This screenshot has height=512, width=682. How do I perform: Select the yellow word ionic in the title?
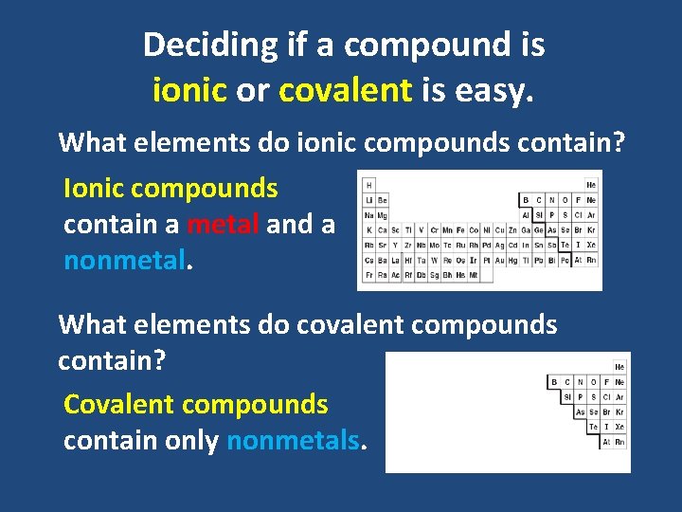[189, 90]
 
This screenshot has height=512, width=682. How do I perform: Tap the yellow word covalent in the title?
[346, 90]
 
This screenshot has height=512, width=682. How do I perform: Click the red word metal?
[224, 225]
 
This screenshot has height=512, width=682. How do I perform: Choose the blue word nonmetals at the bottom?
[294, 441]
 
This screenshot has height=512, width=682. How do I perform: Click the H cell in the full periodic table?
[368, 184]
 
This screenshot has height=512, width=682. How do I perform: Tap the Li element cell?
[368, 200]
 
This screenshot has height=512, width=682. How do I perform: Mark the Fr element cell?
[368, 276]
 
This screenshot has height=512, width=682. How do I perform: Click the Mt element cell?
[486, 276]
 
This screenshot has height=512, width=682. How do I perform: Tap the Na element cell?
[368, 215]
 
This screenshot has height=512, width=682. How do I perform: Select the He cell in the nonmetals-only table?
[619, 366]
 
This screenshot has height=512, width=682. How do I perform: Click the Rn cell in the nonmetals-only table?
[619, 442]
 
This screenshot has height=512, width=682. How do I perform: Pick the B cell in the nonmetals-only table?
[554, 381]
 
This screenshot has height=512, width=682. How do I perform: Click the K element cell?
[368, 230]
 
